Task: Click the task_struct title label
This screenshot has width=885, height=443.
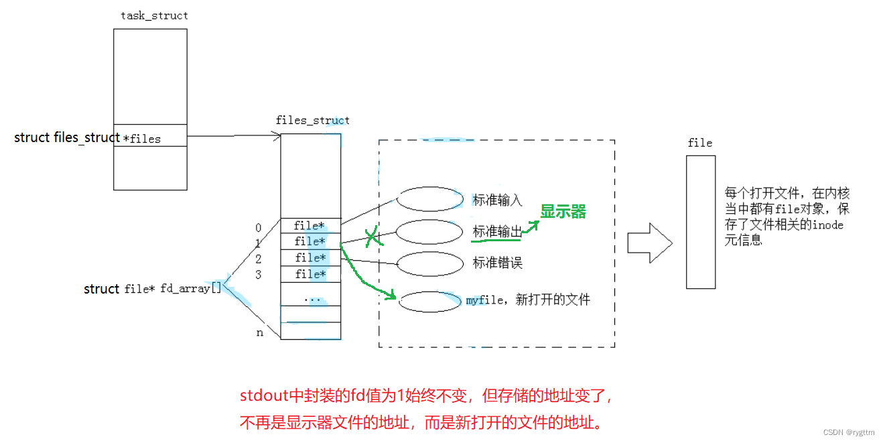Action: point(154,15)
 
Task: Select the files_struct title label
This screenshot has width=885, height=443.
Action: point(312,121)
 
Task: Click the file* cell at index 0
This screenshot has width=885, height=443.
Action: point(310,226)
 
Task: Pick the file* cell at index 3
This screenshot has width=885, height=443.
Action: point(310,274)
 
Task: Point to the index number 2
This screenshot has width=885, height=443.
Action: point(259,259)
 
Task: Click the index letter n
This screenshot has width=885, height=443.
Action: point(260,332)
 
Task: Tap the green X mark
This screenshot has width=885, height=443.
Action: point(372,237)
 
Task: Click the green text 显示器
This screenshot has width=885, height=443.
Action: point(563,212)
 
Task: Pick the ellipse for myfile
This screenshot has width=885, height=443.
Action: point(429,302)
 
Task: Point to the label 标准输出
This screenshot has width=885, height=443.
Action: point(497,232)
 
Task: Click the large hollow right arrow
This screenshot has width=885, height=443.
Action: point(649,243)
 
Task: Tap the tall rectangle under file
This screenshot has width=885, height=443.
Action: point(700,222)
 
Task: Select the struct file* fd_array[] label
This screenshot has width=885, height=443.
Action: point(152,289)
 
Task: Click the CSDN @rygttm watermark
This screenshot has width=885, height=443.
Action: point(850,433)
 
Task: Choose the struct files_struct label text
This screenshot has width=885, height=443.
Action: point(67,137)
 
